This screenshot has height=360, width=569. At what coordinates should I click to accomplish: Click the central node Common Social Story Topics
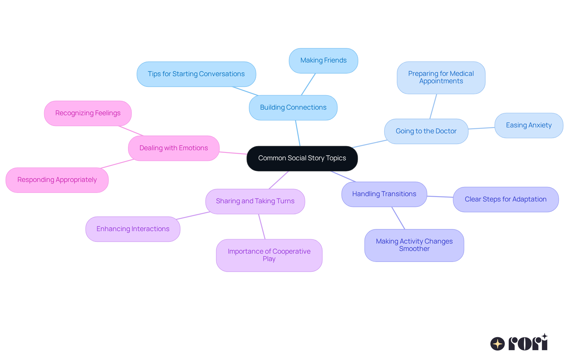click(x=302, y=158)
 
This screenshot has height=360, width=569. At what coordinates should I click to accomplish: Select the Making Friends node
click(x=323, y=60)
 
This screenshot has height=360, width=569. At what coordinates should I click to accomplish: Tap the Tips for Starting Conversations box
click(x=196, y=74)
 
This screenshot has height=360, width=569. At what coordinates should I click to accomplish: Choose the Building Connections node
click(x=293, y=108)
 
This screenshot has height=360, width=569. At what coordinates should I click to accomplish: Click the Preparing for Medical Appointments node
click(x=441, y=78)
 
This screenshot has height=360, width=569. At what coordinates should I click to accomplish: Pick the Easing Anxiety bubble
click(x=529, y=125)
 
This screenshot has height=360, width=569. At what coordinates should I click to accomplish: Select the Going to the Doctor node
click(x=426, y=131)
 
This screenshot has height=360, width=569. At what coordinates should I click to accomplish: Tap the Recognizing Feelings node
click(x=88, y=113)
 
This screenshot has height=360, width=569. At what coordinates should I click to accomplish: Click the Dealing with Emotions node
click(x=174, y=148)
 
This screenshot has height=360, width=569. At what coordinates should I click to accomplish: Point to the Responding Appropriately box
click(x=57, y=180)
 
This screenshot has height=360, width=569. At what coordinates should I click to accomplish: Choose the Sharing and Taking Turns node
click(x=255, y=201)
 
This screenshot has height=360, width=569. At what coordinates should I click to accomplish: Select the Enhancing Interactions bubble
click(x=133, y=229)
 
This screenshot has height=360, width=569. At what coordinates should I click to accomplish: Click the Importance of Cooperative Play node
click(x=269, y=255)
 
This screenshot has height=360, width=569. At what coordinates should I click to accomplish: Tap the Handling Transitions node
click(x=384, y=194)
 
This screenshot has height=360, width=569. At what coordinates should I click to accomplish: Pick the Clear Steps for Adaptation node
click(x=506, y=199)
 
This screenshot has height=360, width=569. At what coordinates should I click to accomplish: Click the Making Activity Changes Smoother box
click(x=414, y=245)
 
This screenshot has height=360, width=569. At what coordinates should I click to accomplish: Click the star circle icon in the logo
click(x=498, y=344)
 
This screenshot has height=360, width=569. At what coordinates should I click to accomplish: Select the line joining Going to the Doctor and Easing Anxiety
click(x=482, y=128)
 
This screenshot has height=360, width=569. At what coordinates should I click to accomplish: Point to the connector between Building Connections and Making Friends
click(x=308, y=84)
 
